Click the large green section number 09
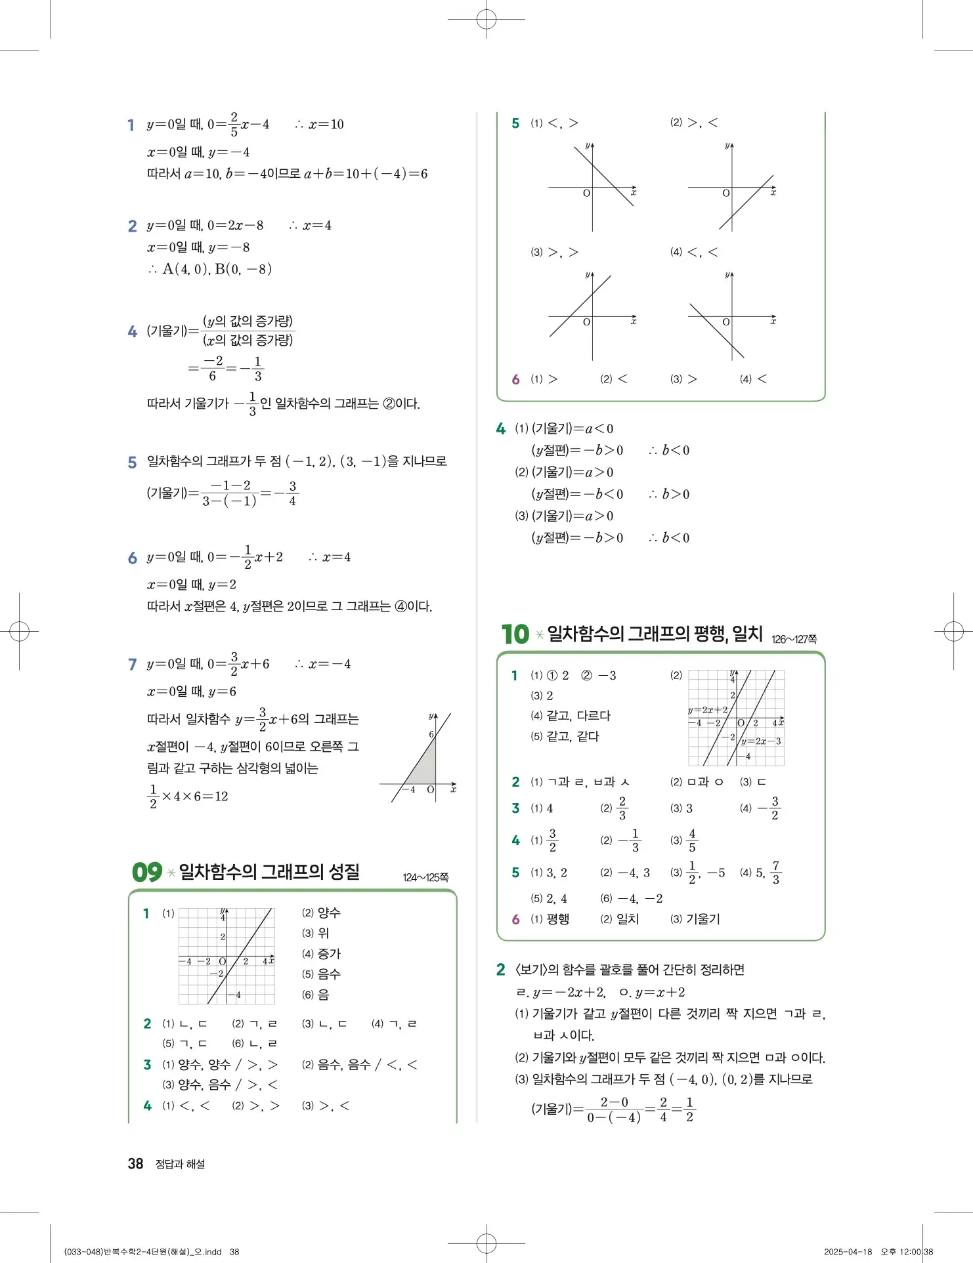pos(146,872)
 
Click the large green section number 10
pos(515,634)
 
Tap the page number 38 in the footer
pos(135,1163)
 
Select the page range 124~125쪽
pos(425,877)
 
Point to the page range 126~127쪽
pos(794,639)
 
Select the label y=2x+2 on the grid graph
pos(708,710)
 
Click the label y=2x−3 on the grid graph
pos(761,741)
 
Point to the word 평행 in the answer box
pos(557,919)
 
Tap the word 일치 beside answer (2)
pos(628,919)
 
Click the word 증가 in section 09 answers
pos(329,953)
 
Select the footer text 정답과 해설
pos(180,1164)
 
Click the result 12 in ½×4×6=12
pos(221,797)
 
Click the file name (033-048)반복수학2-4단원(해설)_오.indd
pos(143,1252)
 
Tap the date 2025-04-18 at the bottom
pos(848,1252)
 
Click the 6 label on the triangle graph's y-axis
pos(431,734)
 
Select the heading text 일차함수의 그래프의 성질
pos(269,872)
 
